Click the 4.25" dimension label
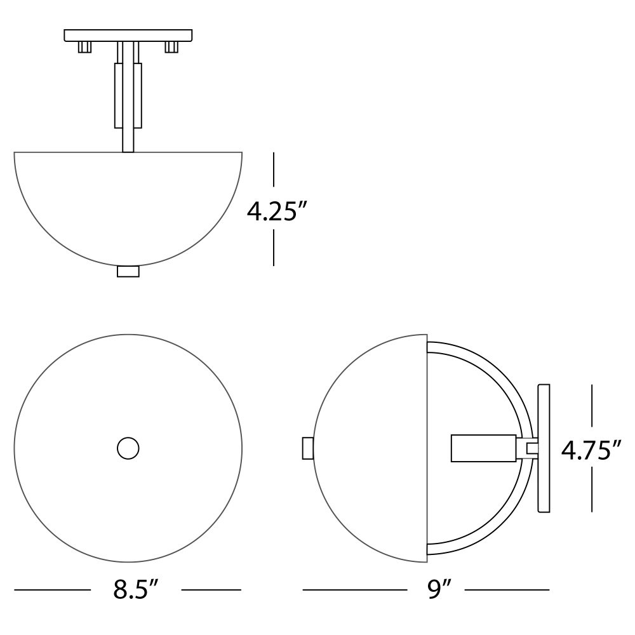point(277,211)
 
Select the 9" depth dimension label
point(439,589)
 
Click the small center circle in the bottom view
point(128,448)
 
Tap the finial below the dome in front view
point(128,271)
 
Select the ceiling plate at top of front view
point(128,35)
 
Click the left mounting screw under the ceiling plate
point(84,47)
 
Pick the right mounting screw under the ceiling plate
point(171,47)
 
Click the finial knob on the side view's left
point(308,448)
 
